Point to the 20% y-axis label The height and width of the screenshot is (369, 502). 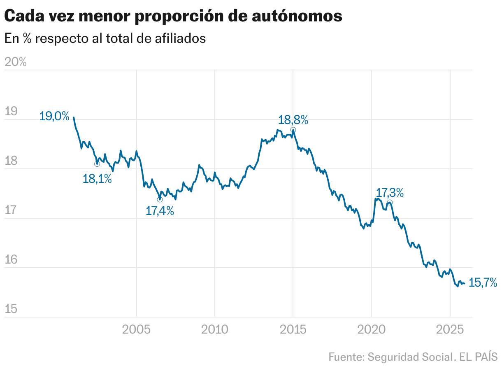(x=15, y=62)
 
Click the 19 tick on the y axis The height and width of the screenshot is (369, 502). (x=11, y=112)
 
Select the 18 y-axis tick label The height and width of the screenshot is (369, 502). (x=11, y=161)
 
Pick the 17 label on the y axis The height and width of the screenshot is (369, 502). (x=11, y=210)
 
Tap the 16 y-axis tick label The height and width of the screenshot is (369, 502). (x=11, y=260)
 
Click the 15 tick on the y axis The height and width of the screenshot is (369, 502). (x=11, y=309)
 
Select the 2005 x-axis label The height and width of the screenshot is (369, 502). (x=136, y=329)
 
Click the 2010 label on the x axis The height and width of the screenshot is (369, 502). (x=214, y=329)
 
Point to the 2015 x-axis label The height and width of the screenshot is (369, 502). (x=293, y=329)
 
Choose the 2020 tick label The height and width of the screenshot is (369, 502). (x=371, y=329)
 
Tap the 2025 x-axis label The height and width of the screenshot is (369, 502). (x=450, y=329)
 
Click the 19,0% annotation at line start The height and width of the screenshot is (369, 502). (x=54, y=117)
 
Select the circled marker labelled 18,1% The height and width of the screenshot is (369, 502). (x=97, y=164)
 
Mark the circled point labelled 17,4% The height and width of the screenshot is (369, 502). (x=160, y=199)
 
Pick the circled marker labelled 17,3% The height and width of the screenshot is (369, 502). (x=390, y=203)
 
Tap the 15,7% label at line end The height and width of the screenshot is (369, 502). (x=483, y=283)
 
